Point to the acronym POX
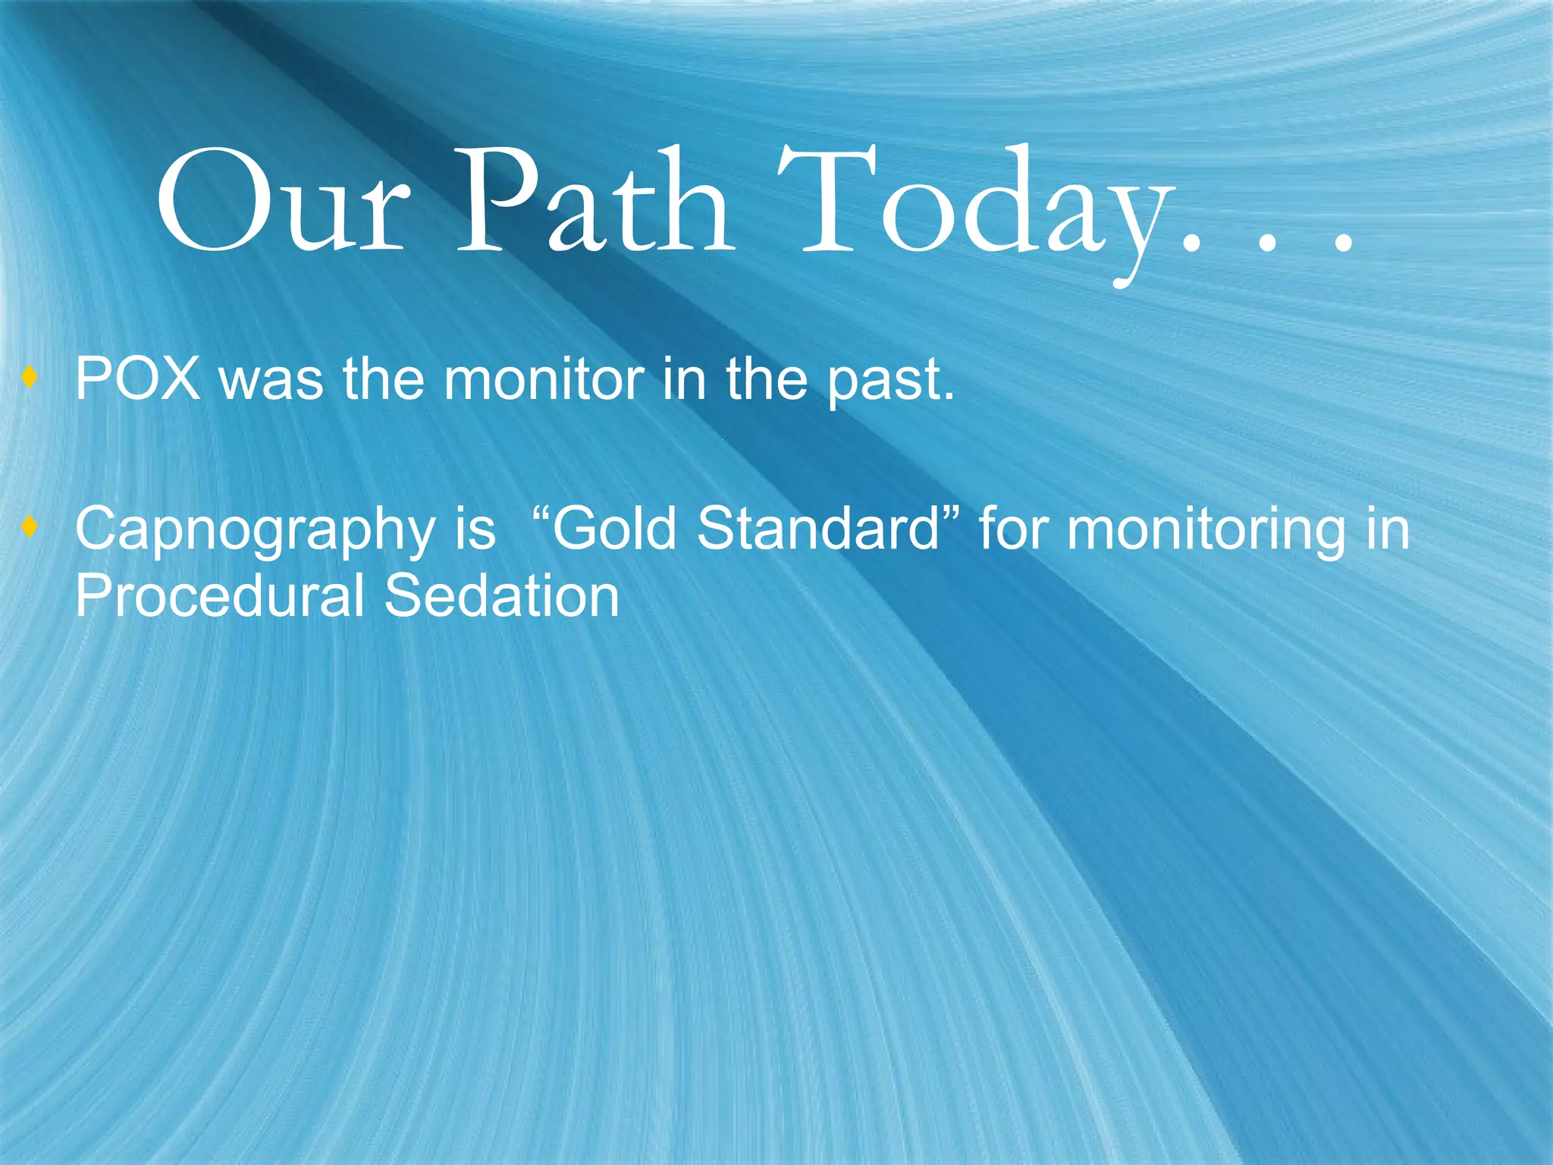coord(137,378)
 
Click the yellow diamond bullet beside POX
coord(30,377)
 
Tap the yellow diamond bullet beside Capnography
coord(30,526)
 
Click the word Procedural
coord(220,596)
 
